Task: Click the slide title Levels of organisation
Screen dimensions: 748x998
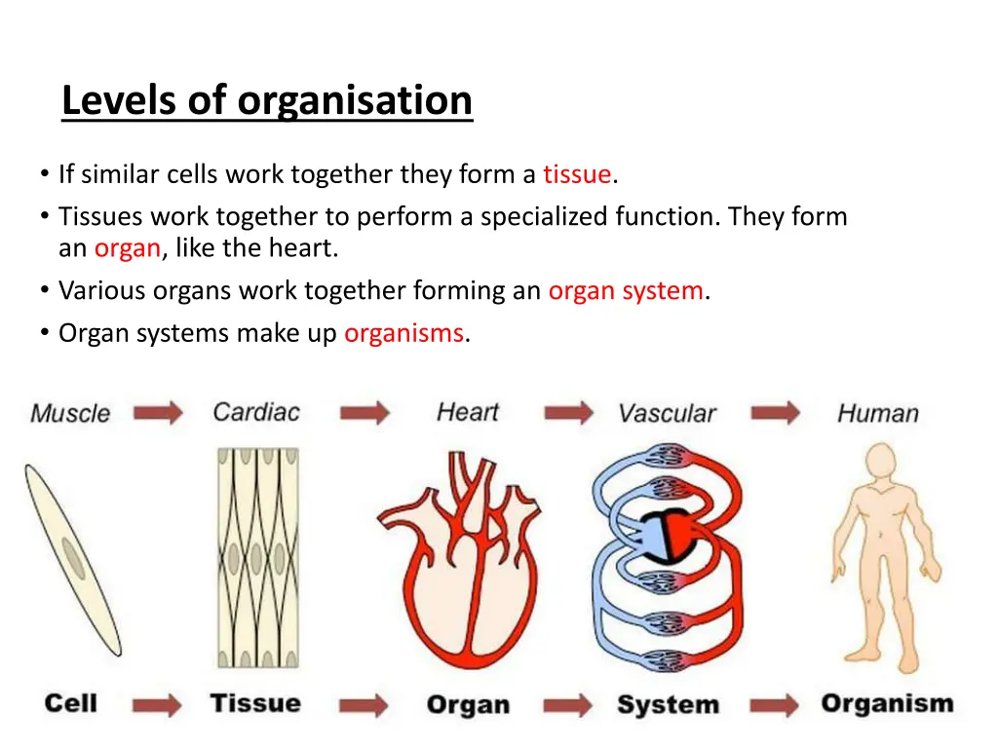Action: (266, 100)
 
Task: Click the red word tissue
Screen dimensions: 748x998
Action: (577, 174)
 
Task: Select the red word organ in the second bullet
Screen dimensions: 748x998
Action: (127, 248)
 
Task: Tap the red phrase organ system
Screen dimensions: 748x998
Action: (625, 290)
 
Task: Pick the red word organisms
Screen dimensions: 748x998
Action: (403, 333)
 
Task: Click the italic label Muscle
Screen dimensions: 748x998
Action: (70, 413)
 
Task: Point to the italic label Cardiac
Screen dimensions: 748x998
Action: (257, 412)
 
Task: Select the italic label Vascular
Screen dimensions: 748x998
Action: (667, 413)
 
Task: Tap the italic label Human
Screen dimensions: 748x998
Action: (877, 413)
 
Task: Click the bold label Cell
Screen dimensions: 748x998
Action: (70, 703)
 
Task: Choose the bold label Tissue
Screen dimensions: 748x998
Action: (255, 703)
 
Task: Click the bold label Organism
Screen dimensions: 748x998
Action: (886, 703)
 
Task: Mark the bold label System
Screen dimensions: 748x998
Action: (668, 704)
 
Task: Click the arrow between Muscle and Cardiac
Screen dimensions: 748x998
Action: (158, 413)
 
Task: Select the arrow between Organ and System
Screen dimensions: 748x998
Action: (567, 704)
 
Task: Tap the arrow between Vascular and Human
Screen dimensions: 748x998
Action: (776, 413)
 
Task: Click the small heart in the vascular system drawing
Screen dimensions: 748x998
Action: (666, 534)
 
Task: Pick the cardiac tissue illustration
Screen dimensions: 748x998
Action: (257, 560)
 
